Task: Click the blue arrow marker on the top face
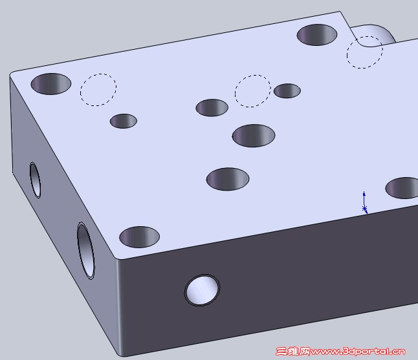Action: point(364,203)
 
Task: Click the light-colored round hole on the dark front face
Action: point(203,290)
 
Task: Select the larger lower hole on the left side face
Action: point(85,251)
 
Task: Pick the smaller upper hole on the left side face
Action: point(35,180)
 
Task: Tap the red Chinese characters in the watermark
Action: point(292,352)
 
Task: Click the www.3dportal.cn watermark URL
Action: point(358,352)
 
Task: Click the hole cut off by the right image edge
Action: point(402,187)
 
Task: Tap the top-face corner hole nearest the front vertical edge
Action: point(139,237)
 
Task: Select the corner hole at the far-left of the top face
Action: point(51,84)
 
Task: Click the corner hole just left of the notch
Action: point(317,35)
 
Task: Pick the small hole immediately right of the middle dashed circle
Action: point(287,90)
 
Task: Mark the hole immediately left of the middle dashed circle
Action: point(212,107)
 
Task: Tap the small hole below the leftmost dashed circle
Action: point(124,121)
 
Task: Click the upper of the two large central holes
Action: point(254,136)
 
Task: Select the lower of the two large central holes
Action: point(228,179)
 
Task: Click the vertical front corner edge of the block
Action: point(118,306)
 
